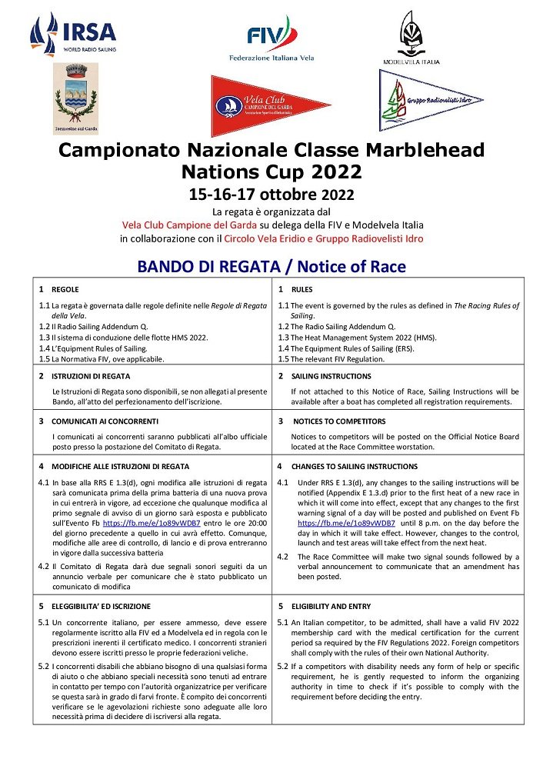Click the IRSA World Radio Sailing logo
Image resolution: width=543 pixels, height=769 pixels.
(72, 35)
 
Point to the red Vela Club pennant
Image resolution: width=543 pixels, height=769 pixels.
(268, 105)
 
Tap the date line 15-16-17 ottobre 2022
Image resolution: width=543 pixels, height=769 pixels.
(271, 194)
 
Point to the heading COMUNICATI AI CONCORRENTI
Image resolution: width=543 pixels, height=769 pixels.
(105, 421)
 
